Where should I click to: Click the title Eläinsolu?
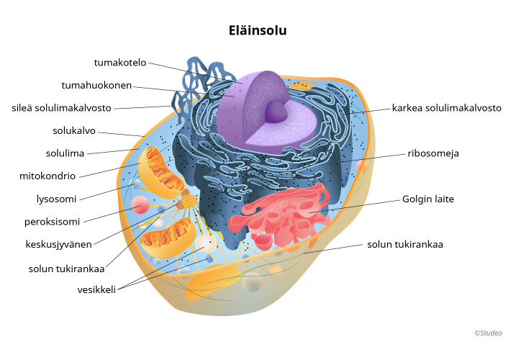[x=258, y=30]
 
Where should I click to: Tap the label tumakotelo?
[x=119, y=63]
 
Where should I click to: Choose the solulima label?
[x=65, y=153]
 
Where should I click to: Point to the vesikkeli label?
[x=96, y=290]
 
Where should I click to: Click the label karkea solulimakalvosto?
[x=446, y=108]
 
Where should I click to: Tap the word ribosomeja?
[x=433, y=153]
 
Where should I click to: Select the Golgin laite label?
[x=428, y=199]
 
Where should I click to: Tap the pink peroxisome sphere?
[x=139, y=207]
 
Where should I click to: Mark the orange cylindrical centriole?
[x=188, y=199]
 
